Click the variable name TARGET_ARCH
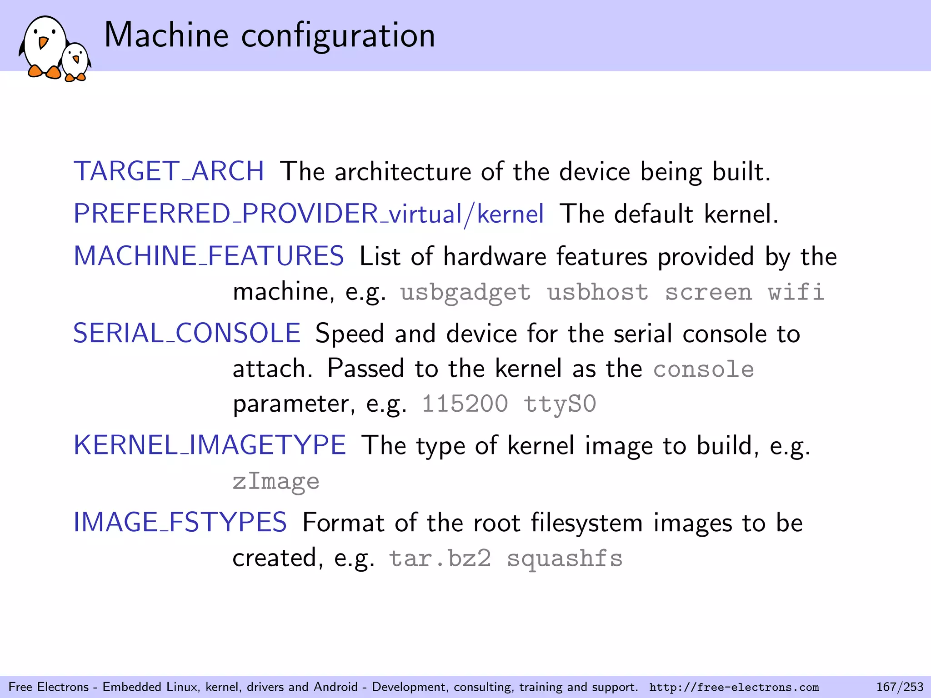[169, 171]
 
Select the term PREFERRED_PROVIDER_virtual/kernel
[308, 214]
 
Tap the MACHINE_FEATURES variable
[209, 256]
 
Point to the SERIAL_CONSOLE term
[187, 333]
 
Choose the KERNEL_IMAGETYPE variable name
[210, 445]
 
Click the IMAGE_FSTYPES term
[180, 522]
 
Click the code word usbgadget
[465, 292]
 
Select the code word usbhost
[597, 292]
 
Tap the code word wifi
[796, 292]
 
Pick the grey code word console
[703, 369]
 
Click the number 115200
[465, 404]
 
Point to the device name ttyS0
[560, 404]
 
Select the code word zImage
[275, 481]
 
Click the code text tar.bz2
[440, 558]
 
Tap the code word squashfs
[564, 558]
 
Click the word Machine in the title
[166, 35]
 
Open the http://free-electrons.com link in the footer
[734, 687]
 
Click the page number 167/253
[900, 687]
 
